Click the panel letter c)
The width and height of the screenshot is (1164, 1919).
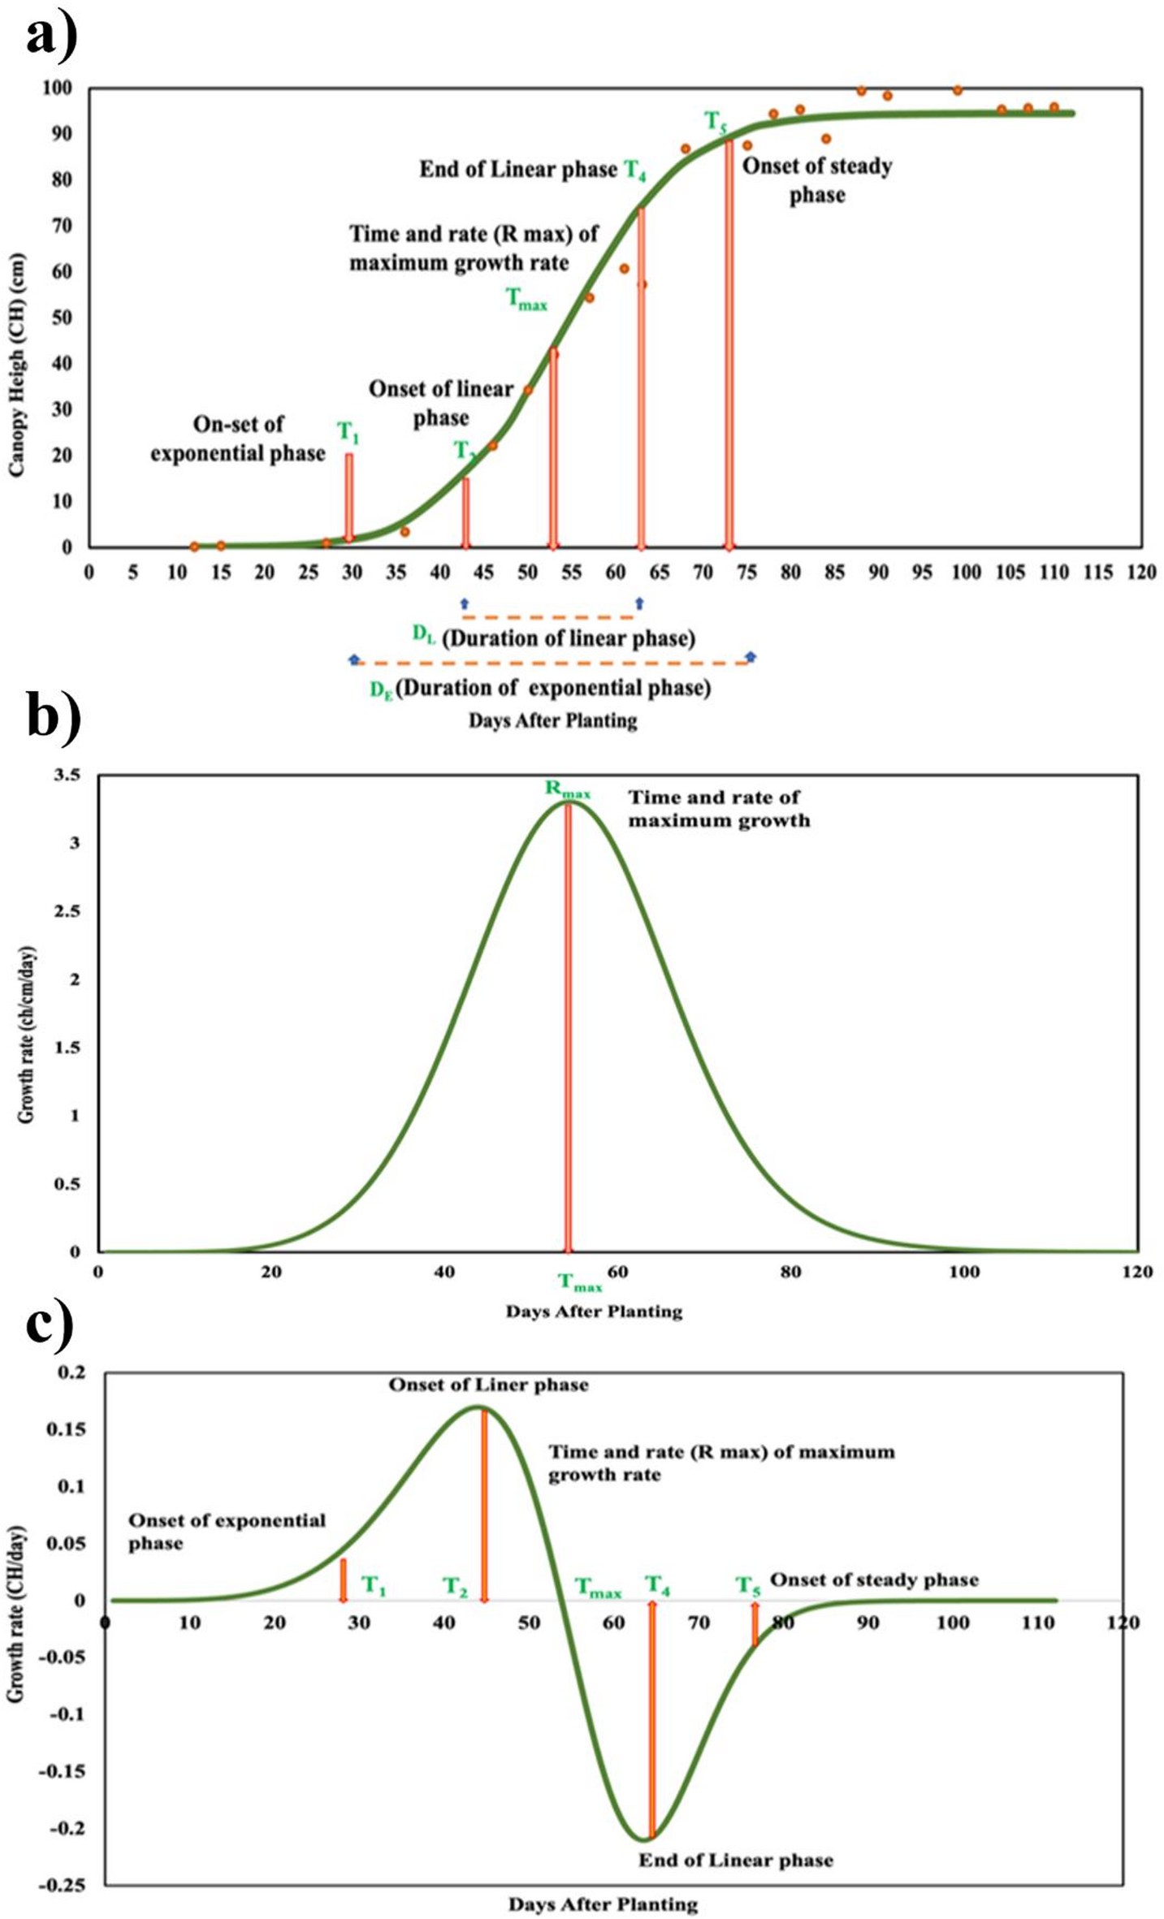click(49, 1325)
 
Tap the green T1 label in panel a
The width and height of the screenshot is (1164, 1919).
click(348, 432)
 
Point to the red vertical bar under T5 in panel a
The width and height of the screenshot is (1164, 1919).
click(729, 341)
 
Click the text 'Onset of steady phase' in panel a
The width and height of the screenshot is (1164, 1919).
click(817, 180)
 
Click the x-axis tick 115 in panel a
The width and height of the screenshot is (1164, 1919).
click(1097, 573)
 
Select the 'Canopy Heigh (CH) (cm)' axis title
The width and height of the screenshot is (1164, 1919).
click(18, 365)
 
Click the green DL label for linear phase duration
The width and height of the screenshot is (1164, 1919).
click(424, 636)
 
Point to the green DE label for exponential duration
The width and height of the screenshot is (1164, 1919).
click(381, 690)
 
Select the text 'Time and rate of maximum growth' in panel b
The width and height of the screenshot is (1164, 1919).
click(718, 809)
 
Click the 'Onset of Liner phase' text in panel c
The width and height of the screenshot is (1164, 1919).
click(488, 1385)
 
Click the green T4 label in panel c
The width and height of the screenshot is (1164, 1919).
click(657, 1584)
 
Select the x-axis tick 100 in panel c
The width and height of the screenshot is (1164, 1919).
click(952, 1623)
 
